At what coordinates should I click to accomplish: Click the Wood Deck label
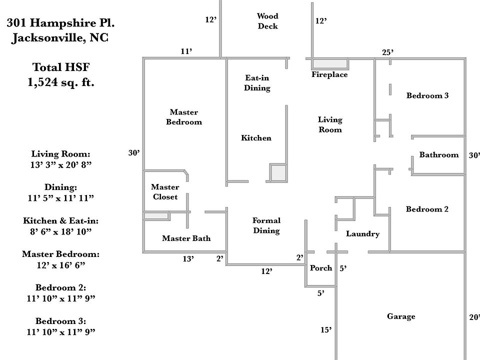(x=267, y=21)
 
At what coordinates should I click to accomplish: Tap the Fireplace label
(x=329, y=75)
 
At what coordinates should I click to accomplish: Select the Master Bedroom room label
(x=184, y=117)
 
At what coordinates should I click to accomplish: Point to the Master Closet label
(x=165, y=192)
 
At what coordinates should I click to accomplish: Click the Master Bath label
(x=186, y=238)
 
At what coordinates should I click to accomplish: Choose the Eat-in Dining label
(x=257, y=83)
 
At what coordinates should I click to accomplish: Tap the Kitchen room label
(x=256, y=138)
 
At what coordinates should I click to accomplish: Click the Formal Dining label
(x=266, y=225)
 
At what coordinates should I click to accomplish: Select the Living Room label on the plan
(x=330, y=124)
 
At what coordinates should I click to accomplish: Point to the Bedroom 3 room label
(x=427, y=95)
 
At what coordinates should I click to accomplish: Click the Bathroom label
(x=438, y=155)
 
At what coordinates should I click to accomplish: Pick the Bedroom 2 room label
(x=427, y=209)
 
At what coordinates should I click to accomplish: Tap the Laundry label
(x=362, y=234)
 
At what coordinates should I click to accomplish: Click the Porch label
(x=321, y=268)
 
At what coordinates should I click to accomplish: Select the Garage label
(x=401, y=316)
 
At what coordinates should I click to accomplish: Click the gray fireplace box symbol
(x=330, y=63)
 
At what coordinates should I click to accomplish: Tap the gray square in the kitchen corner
(x=278, y=172)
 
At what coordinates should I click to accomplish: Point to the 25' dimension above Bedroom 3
(x=387, y=52)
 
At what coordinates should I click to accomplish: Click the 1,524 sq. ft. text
(x=60, y=82)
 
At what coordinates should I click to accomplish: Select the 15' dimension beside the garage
(x=326, y=329)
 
